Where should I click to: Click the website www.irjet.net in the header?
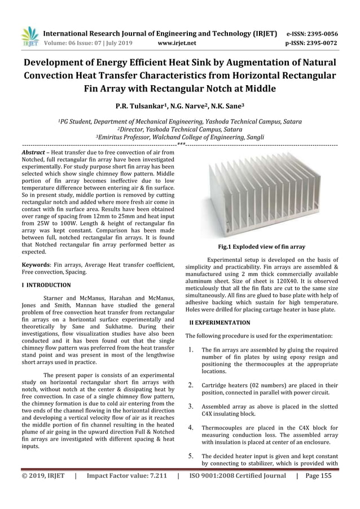coord(177,43)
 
